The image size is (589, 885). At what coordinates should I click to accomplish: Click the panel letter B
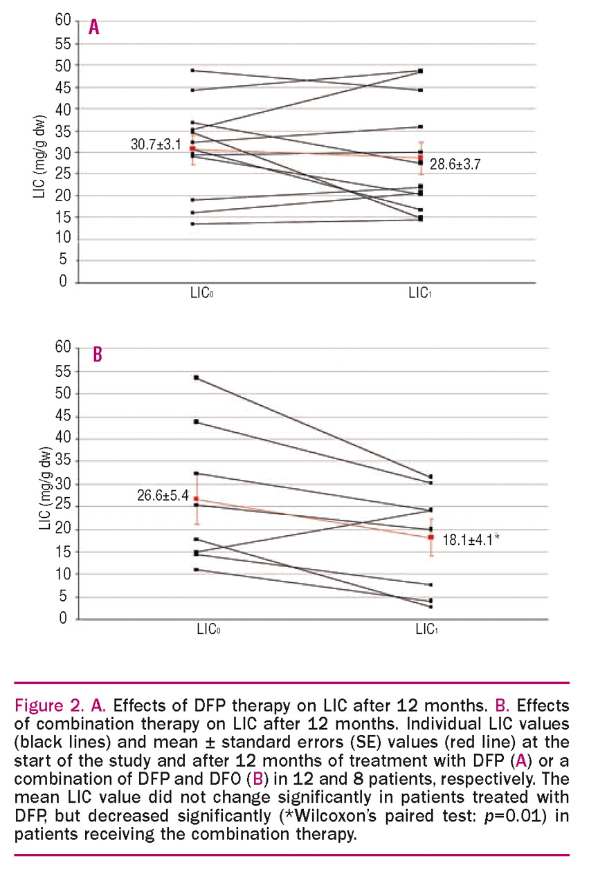pos(98,355)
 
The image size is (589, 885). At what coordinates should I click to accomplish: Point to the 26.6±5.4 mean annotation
pos(163,495)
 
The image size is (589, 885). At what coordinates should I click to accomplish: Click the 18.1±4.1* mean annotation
pos(470,541)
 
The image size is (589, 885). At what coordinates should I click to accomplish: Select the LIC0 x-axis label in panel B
pos(208,629)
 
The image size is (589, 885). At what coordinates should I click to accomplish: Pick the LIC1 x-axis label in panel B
pos(426,629)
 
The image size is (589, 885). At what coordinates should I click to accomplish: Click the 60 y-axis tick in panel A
pos(63,21)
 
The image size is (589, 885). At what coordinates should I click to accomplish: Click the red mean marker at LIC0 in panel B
pos(197,499)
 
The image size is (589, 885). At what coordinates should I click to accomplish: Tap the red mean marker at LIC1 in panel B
pos(431,537)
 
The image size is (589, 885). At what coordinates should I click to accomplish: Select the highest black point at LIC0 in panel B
pos(197,378)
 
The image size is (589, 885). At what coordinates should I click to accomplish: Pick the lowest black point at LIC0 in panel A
pos(192,223)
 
